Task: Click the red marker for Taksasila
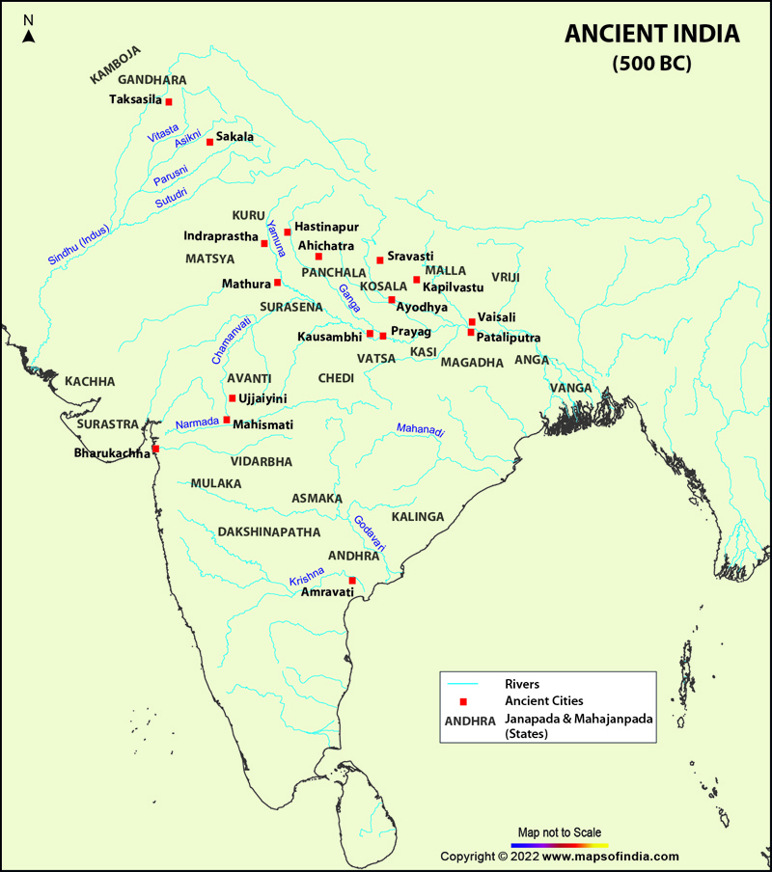(169, 101)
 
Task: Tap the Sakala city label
(234, 137)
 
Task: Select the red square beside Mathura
(278, 283)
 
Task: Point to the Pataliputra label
(509, 338)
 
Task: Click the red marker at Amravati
(352, 581)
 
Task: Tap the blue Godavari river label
(370, 533)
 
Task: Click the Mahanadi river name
(420, 431)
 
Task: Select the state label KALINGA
(418, 517)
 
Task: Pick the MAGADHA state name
(472, 363)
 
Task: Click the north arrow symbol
(29, 36)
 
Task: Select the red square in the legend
(463, 701)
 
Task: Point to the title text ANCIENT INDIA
(652, 35)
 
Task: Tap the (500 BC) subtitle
(652, 65)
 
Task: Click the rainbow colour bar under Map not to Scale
(560, 844)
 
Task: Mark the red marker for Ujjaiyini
(232, 398)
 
